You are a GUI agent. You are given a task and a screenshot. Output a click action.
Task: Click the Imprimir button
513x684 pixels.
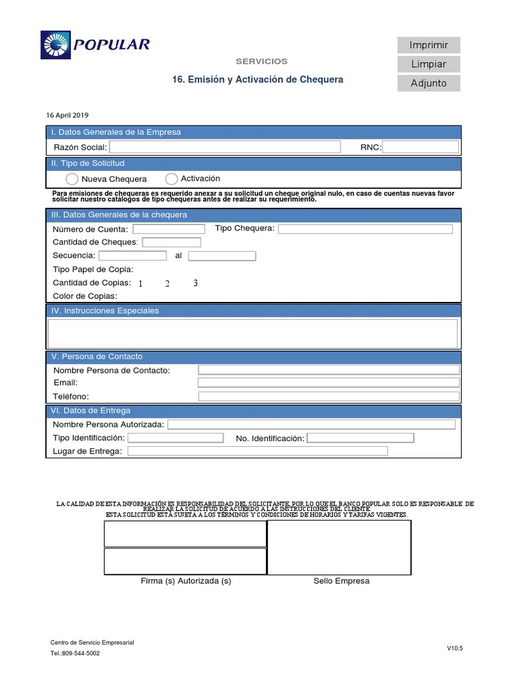pyautogui.click(x=428, y=45)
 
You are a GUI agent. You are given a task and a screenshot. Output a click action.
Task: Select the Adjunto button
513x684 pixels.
pyautogui.click(x=428, y=83)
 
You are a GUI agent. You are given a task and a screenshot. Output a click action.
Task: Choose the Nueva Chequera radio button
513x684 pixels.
pyautogui.click(x=72, y=179)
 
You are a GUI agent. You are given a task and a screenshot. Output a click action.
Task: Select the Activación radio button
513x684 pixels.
pyautogui.click(x=171, y=179)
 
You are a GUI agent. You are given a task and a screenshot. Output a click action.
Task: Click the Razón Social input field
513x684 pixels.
pyautogui.click(x=224, y=147)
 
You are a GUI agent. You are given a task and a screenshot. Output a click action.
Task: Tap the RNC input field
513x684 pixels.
pyautogui.click(x=420, y=147)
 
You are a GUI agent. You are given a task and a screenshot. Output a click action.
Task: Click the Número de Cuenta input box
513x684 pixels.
pyautogui.click(x=168, y=229)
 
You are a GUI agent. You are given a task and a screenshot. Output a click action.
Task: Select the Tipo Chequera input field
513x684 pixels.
pyautogui.click(x=365, y=229)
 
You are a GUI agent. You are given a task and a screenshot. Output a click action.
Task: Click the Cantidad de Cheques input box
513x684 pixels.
pyautogui.click(x=171, y=242)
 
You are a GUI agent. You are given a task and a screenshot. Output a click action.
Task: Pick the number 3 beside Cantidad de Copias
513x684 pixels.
pyautogui.click(x=195, y=283)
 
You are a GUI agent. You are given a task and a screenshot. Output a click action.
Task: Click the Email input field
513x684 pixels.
pyautogui.click(x=328, y=383)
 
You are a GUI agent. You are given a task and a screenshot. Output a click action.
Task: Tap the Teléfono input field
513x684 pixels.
pyautogui.click(x=328, y=396)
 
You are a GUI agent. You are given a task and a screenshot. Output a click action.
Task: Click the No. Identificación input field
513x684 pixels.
pyautogui.click(x=360, y=438)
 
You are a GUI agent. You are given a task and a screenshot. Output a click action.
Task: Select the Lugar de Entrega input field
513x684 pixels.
pyautogui.click(x=257, y=452)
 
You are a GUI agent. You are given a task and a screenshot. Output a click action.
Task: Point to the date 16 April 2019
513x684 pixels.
pyautogui.click(x=67, y=115)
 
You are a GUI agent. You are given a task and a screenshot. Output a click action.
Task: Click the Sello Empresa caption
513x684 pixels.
pyautogui.click(x=341, y=581)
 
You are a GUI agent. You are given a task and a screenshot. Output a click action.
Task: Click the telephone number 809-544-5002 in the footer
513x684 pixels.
pyautogui.click(x=80, y=653)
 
